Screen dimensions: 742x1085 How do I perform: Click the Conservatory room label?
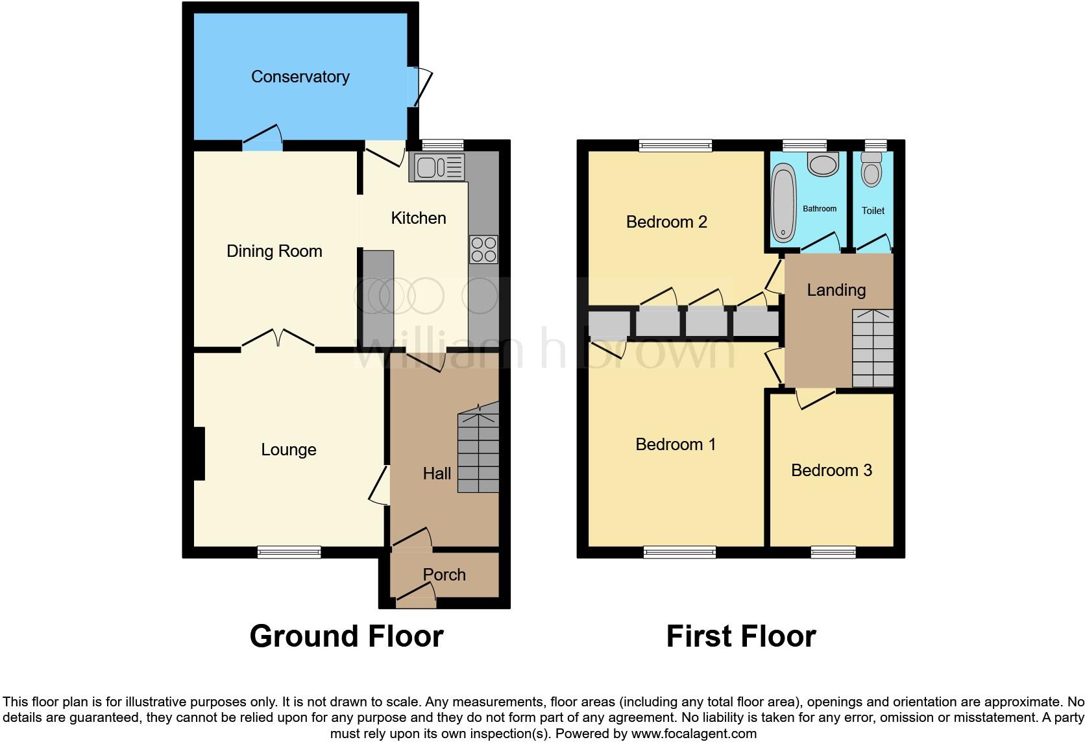point(300,77)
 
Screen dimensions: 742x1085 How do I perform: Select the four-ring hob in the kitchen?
point(483,249)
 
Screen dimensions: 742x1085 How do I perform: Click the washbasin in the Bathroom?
point(823,164)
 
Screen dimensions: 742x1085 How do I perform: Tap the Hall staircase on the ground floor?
point(479,448)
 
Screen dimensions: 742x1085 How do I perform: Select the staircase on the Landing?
point(872,348)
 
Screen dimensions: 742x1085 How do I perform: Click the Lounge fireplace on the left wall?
point(199,453)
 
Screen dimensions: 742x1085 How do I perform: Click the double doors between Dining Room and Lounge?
point(278,340)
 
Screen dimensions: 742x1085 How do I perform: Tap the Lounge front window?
point(289,552)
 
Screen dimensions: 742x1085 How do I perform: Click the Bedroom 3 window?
point(833,552)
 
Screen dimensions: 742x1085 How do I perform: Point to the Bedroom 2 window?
point(675,146)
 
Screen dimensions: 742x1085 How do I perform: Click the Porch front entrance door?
point(416,596)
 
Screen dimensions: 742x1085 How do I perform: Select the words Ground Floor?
point(346,636)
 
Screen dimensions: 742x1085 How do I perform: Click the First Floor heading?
point(740,636)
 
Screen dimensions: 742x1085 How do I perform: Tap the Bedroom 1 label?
point(675,444)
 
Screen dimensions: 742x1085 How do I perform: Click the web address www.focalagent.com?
point(693,734)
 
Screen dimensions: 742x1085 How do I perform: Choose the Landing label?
point(836,290)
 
